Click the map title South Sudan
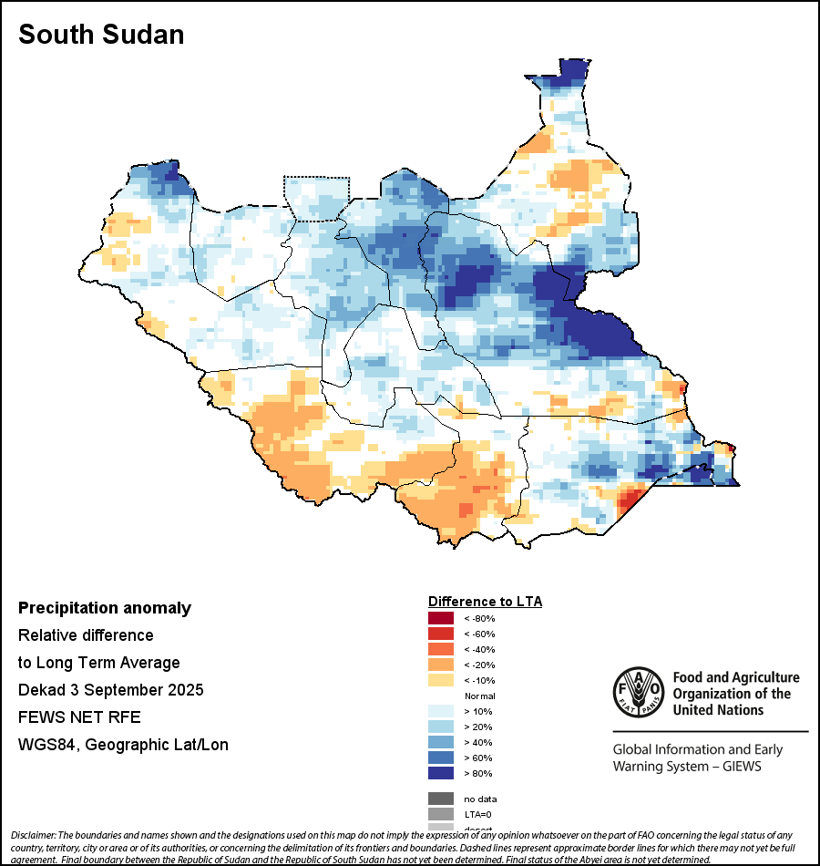[101, 35]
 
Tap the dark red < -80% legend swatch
[440, 618]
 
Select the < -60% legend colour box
[440, 634]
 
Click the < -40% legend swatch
[440, 649]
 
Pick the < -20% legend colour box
[440, 665]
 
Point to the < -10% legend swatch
[440, 680]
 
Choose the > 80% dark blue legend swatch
[440, 773]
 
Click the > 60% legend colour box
[440, 758]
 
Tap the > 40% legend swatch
[440, 742]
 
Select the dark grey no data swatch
[440, 799]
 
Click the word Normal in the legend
[479, 696]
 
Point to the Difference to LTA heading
[485, 602]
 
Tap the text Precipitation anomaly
[105, 608]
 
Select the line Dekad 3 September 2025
[110, 689]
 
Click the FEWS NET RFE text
[79, 717]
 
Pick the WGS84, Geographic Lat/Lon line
[123, 745]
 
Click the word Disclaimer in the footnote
[33, 835]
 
